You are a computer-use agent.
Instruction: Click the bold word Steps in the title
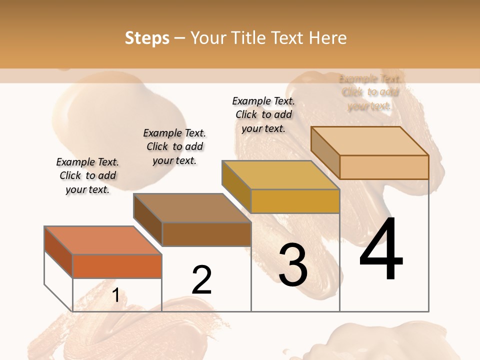pos(147,38)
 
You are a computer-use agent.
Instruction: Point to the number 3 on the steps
pos(293,264)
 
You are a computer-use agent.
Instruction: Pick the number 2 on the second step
pos(201,279)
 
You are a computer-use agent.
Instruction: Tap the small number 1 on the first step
pos(115,295)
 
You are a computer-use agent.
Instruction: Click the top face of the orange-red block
pos(103,240)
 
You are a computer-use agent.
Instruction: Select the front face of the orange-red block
pos(117,266)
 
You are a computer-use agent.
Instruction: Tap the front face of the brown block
pos(206,234)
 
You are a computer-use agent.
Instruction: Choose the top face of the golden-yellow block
pos(280,175)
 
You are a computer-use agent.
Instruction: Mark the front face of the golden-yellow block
pos(295,201)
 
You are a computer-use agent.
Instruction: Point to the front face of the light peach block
pos(384,167)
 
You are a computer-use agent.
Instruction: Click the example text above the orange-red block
pos(87,175)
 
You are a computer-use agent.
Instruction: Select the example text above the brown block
pos(174,146)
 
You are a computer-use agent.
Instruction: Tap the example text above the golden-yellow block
pos(263,114)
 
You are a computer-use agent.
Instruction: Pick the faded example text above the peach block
pos(369,92)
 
